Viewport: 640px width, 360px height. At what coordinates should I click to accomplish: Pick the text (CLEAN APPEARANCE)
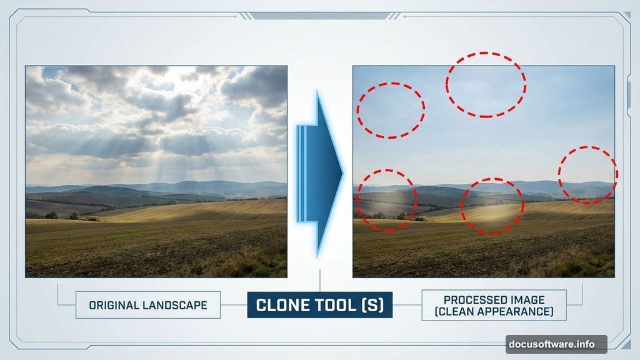(494, 311)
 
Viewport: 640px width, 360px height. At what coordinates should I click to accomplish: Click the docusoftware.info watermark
(556, 344)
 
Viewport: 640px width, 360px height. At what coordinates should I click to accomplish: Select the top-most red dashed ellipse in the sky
(486, 84)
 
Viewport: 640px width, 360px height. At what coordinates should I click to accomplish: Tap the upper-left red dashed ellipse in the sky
(391, 110)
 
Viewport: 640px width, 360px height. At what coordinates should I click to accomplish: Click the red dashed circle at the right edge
(587, 175)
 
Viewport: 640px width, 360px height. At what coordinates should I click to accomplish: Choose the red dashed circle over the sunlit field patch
(492, 206)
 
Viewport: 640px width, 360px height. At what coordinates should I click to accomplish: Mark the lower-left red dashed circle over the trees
(386, 201)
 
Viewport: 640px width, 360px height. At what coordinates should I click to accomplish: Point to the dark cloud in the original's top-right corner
(259, 84)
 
